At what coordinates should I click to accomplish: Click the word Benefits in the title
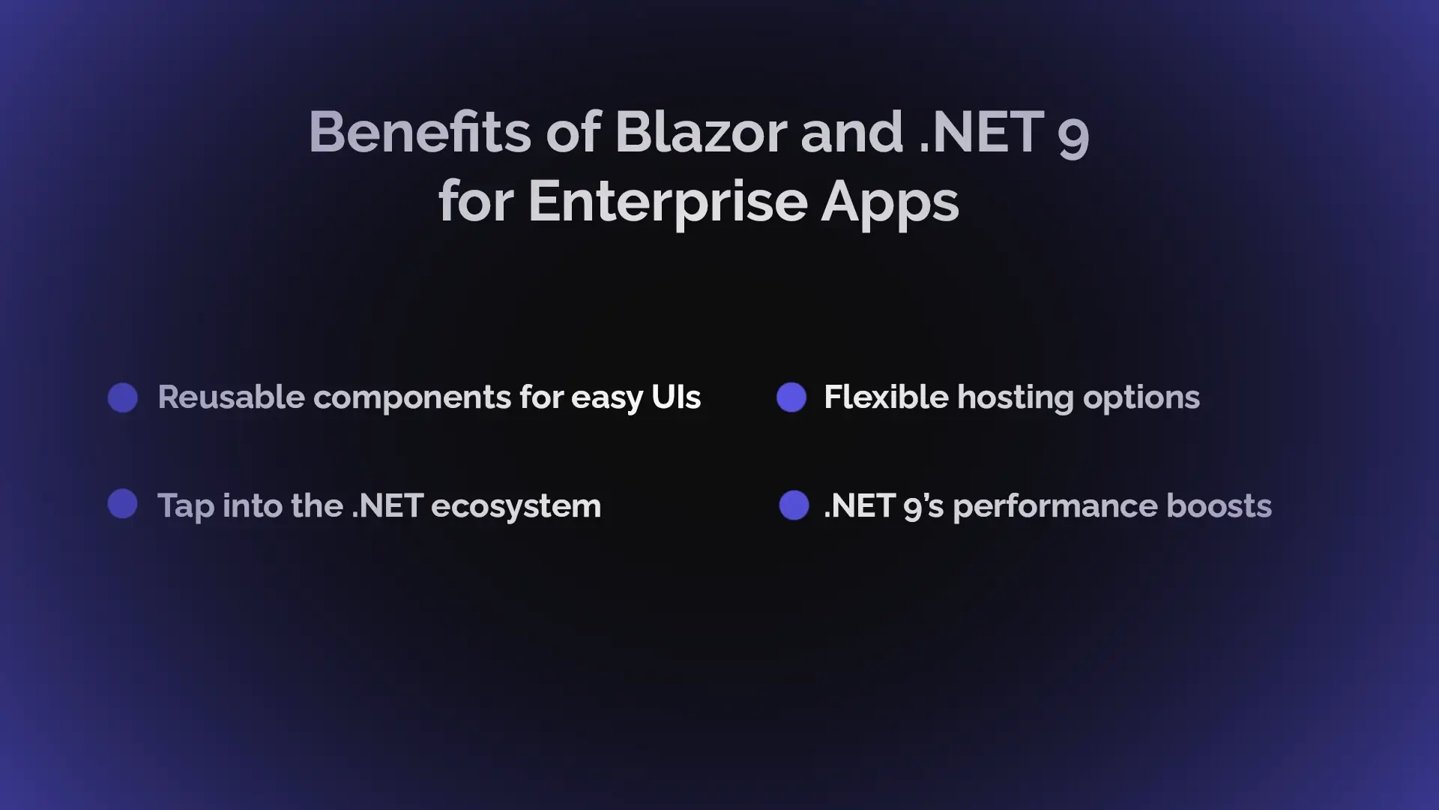coord(420,132)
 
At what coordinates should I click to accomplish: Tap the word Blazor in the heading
coord(701,132)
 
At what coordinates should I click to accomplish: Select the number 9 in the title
coord(1073,137)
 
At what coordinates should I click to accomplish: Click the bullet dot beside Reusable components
coord(123,397)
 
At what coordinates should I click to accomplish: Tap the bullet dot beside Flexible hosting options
coord(791,397)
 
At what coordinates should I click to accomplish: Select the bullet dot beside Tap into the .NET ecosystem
coord(123,504)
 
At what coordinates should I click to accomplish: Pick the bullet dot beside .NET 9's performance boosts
coord(794,505)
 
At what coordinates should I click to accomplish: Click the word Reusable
coord(232,397)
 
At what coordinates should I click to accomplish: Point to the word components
coord(412,399)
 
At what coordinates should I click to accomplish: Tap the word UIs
coord(676,397)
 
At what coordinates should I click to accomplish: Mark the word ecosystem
coord(516,507)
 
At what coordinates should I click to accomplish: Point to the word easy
coord(607,399)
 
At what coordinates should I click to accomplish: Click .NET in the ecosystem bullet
coord(387,505)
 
